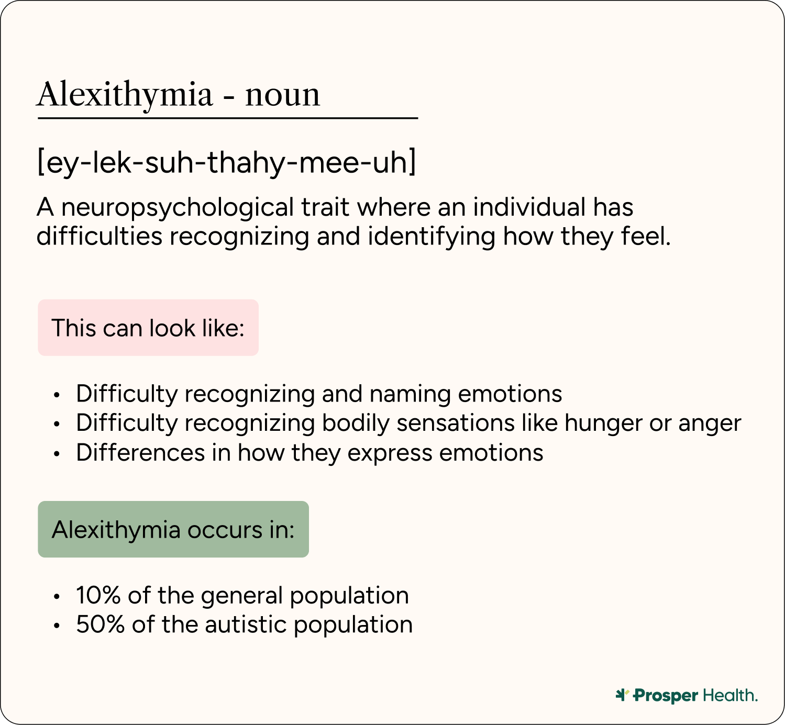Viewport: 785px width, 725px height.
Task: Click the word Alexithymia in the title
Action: [x=125, y=95]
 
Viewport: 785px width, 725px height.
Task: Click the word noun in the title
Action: [x=282, y=95]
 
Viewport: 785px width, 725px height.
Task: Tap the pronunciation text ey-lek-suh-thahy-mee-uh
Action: [x=227, y=162]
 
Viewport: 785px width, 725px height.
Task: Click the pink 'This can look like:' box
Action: [x=148, y=328]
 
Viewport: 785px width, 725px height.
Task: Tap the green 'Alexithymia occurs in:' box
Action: [x=173, y=529]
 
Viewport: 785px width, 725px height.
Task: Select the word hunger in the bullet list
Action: [x=603, y=423]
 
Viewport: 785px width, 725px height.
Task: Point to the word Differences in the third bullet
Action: [x=140, y=453]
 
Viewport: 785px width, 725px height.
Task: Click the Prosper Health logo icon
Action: [x=622, y=695]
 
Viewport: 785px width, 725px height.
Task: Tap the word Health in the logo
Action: [x=729, y=695]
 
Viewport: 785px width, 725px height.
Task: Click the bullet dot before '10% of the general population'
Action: [x=57, y=596]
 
